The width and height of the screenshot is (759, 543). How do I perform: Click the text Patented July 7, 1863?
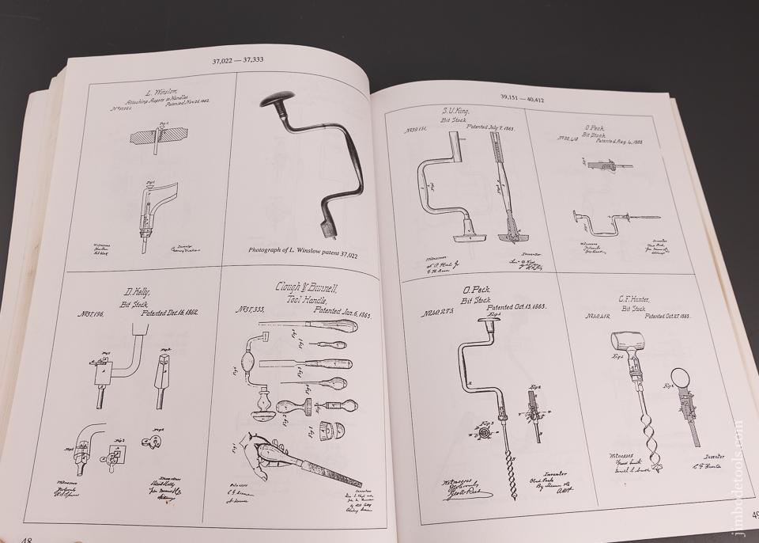[x=473, y=127]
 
